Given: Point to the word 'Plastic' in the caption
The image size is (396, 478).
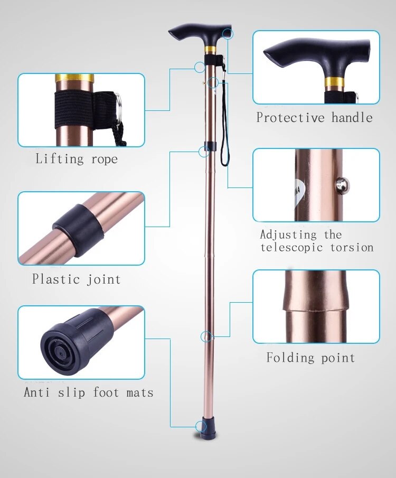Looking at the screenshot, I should [x=53, y=279].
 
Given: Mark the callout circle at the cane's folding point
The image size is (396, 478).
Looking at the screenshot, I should [x=206, y=336].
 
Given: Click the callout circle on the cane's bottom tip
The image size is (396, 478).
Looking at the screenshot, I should [x=200, y=426].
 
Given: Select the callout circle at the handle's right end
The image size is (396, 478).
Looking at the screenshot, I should [x=228, y=34].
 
